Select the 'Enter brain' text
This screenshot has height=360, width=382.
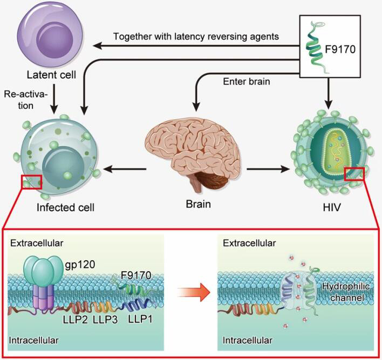click(247, 81)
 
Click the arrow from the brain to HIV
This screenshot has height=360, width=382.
click(267, 169)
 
